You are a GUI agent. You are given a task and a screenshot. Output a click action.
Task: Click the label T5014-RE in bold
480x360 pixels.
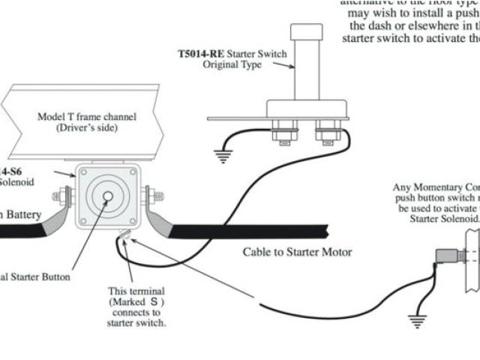point(199,54)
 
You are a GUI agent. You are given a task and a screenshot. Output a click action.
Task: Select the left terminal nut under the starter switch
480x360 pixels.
point(285,133)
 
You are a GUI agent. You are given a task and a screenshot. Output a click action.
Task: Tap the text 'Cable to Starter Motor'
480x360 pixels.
point(297,252)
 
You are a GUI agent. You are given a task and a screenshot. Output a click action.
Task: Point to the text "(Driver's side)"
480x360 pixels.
point(83,129)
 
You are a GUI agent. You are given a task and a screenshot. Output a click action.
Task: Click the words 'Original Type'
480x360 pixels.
point(232,65)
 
